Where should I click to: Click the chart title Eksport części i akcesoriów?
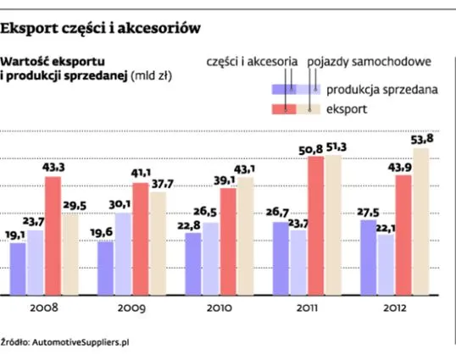coord(101,28)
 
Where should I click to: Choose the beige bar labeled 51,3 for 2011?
coord(334,225)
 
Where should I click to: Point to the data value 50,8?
coord(315,149)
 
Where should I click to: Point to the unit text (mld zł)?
coord(155,76)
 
